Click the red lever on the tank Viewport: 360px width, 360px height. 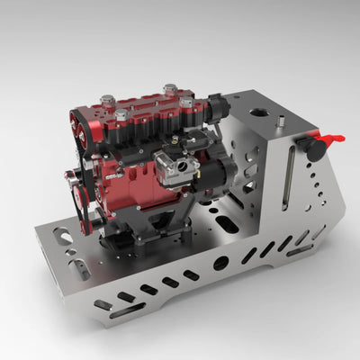[x=330, y=139]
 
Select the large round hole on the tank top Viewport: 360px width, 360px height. [x=259, y=114]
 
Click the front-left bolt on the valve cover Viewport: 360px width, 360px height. [x=119, y=114]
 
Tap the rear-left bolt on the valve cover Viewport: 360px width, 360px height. [x=107, y=100]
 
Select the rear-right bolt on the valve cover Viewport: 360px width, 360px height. [x=169, y=89]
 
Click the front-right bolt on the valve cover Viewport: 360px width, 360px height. [x=187, y=103]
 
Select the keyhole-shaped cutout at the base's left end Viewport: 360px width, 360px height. [x=63, y=238]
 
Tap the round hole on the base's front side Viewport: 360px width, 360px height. [x=220, y=263]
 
